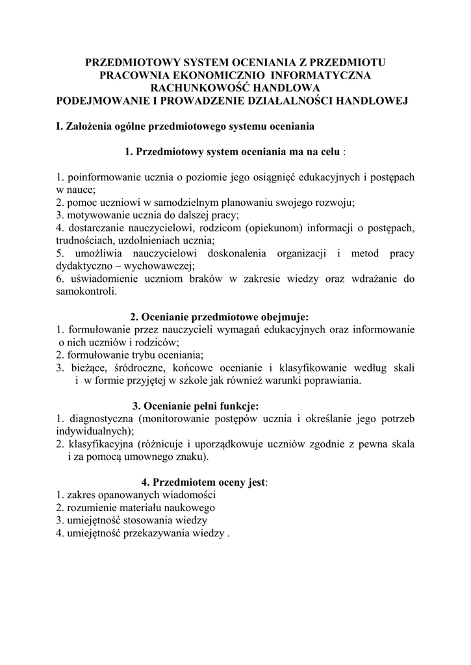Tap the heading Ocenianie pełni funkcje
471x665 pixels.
(x=205, y=406)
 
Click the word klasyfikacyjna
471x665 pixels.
(x=101, y=444)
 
